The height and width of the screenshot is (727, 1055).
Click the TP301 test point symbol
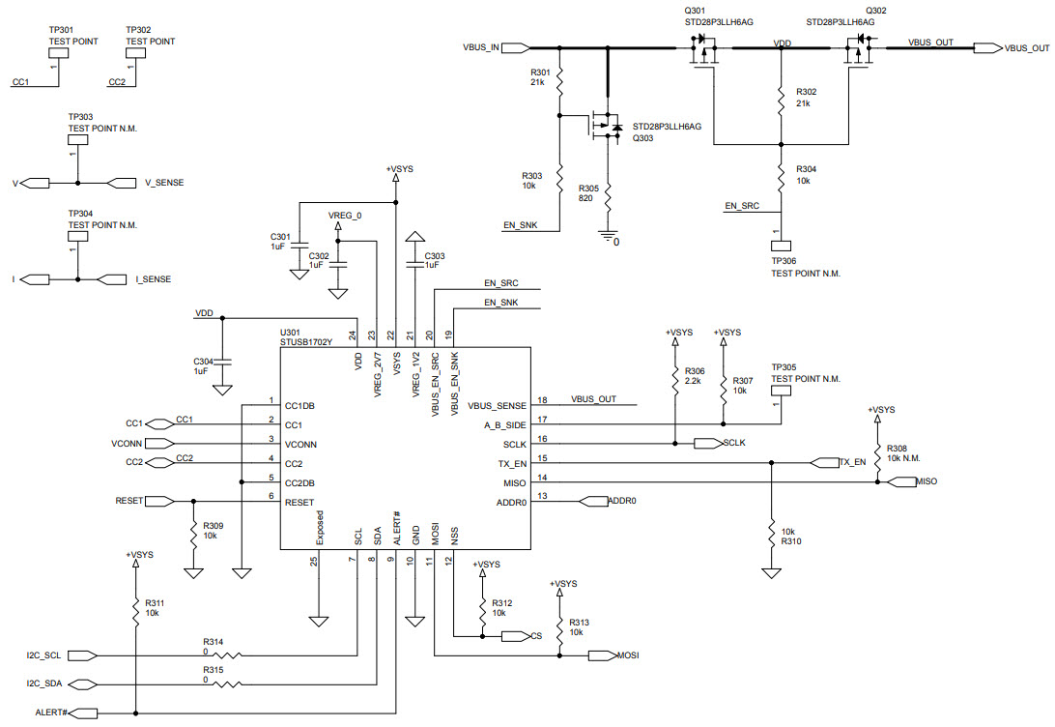[x=61, y=54]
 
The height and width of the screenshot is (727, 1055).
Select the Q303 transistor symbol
[x=603, y=125]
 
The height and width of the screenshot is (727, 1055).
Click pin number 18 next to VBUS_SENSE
[x=542, y=399]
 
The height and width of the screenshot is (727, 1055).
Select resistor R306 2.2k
[x=673, y=379]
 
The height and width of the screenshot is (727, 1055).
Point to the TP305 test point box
[x=781, y=393]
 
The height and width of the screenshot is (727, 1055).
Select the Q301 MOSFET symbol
[x=702, y=50]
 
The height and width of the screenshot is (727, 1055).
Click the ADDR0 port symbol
[x=591, y=501]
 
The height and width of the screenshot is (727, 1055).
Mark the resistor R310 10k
[x=771, y=535]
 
